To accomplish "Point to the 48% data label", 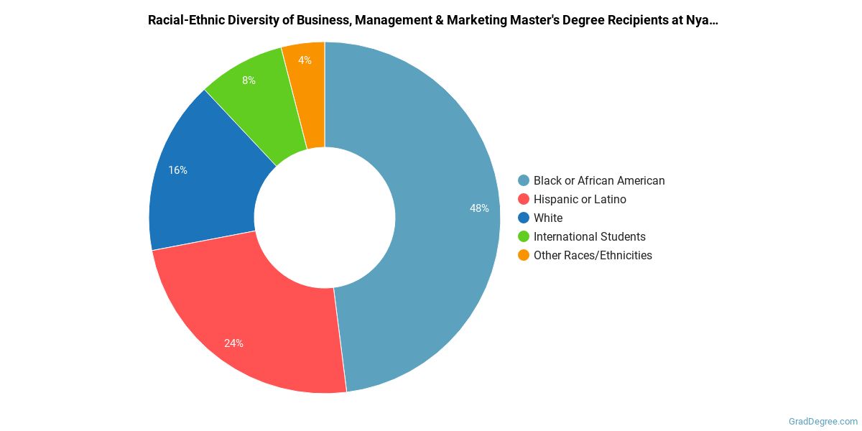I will tap(479, 208).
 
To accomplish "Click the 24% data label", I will tap(233, 343).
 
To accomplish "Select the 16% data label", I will tap(177, 170).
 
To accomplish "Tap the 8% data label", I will tap(249, 80).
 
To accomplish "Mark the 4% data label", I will tap(305, 60).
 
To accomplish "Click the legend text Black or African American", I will tap(599, 181).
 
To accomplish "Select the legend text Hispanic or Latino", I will tap(580, 200).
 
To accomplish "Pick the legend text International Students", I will tap(589, 237).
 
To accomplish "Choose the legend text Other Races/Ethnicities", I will tap(593, 256).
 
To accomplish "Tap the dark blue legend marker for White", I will tap(524, 218).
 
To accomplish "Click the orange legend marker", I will tap(524, 256).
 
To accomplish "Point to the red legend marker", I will tap(524, 200).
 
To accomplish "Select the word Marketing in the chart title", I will tap(474, 20).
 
